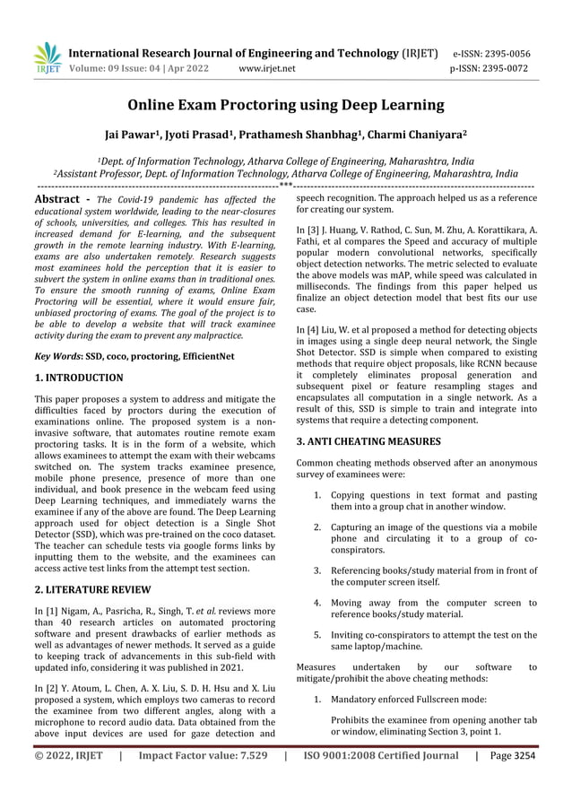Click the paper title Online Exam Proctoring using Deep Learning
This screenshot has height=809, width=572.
tap(285, 106)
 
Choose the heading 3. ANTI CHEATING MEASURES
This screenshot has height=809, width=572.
tap(368, 441)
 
